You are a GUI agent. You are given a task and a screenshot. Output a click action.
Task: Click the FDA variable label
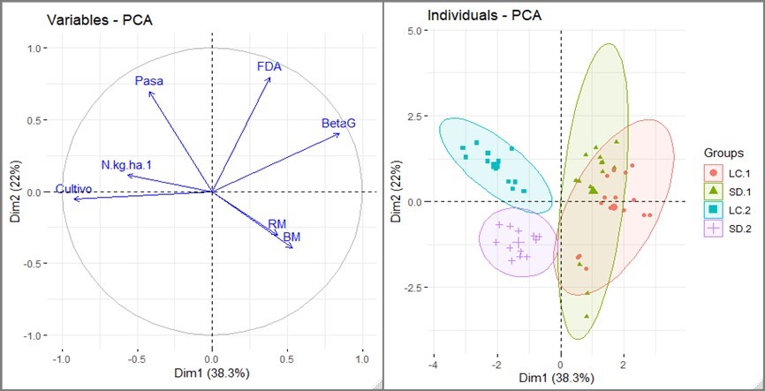269,66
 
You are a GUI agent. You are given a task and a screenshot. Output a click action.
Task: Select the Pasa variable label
148,81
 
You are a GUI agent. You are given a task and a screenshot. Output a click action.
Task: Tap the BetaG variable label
338,124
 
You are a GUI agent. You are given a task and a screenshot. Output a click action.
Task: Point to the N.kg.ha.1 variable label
127,165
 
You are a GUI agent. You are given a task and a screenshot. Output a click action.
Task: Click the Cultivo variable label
76,189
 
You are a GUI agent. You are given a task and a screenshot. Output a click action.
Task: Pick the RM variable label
277,225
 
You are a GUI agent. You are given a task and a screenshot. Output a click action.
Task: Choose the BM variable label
292,237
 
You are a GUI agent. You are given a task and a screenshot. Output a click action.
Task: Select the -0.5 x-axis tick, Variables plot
136,361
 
